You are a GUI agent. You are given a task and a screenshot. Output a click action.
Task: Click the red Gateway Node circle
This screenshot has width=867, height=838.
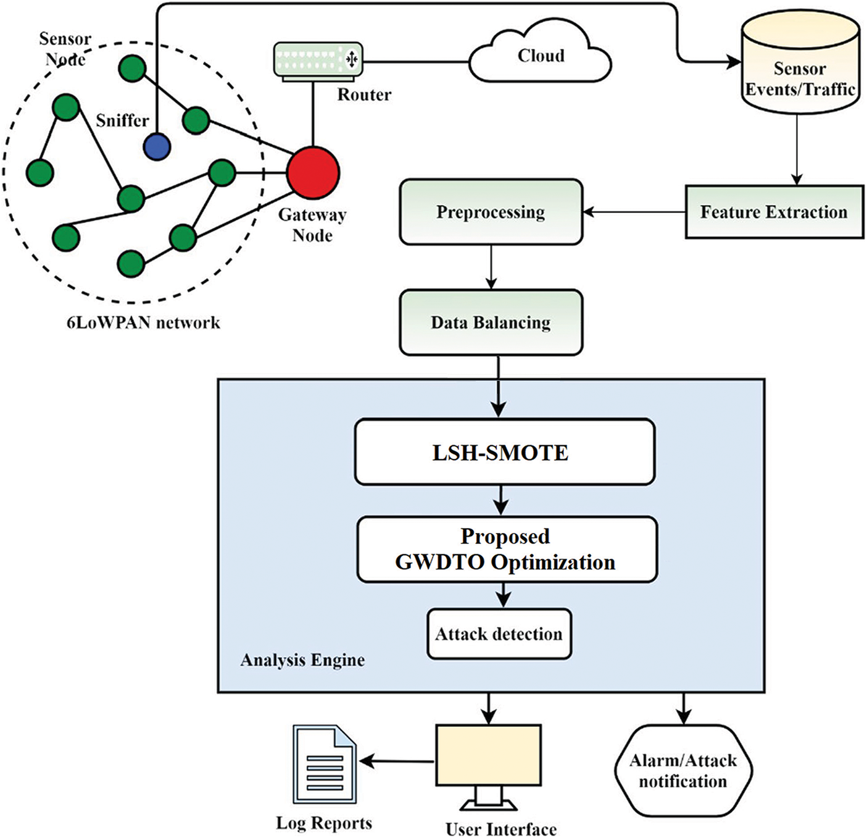click(x=313, y=172)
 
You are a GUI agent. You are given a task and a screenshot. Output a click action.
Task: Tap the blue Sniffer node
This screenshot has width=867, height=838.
click(x=157, y=147)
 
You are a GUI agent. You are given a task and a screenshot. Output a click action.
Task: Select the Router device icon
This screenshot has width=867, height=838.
click(x=318, y=59)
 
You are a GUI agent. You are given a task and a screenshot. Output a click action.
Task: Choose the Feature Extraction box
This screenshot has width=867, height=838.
click(x=774, y=212)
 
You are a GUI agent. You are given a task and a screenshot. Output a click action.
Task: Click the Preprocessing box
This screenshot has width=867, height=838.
click(x=491, y=212)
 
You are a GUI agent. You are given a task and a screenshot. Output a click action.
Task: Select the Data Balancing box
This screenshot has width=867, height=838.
click(x=491, y=322)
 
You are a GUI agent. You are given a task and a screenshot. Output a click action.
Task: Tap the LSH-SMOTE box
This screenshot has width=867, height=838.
click(x=504, y=452)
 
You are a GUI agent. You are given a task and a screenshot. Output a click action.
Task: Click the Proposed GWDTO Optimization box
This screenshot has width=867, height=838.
click(x=506, y=550)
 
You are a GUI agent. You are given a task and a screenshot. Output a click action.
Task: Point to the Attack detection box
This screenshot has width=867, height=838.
click(x=499, y=634)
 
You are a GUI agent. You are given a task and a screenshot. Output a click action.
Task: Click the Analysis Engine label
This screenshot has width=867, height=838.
click(x=302, y=660)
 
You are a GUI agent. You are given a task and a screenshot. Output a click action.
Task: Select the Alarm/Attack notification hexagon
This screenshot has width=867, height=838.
click(x=682, y=771)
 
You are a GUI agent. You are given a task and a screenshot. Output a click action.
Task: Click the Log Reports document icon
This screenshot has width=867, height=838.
click(x=325, y=765)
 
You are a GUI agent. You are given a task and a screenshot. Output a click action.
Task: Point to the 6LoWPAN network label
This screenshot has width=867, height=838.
click(x=143, y=322)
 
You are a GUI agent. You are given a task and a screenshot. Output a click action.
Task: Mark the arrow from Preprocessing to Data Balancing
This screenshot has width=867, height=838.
click(x=491, y=267)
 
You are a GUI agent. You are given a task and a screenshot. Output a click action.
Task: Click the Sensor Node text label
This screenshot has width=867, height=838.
click(x=65, y=49)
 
